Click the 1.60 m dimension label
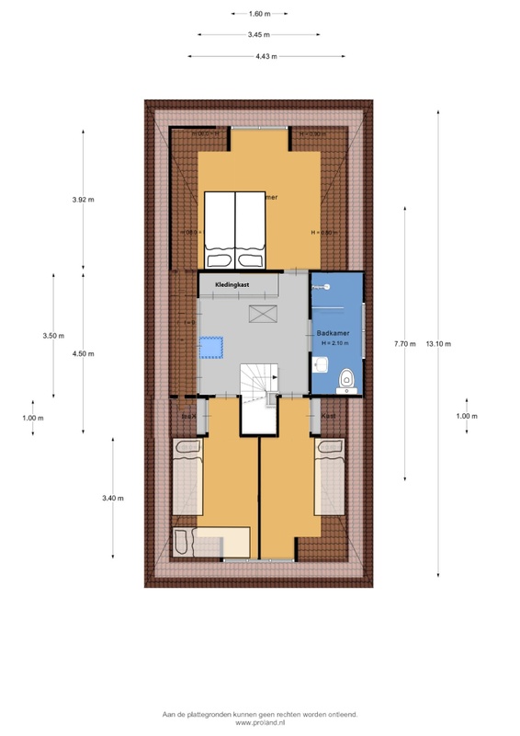pos(259,14)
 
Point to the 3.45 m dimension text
pos(259,34)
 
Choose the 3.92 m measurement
pos(84,200)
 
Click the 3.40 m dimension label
pos(113,499)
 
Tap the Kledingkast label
pos(232,285)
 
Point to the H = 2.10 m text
pos(335,343)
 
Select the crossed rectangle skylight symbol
pos(263,315)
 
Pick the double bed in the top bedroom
pos(234,221)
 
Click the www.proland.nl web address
pos(260,724)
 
